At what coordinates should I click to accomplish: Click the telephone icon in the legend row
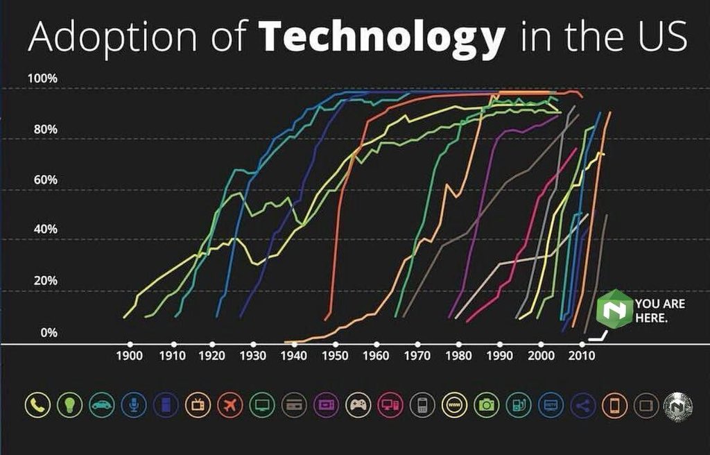tap(37, 404)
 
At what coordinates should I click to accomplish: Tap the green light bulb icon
tap(70, 404)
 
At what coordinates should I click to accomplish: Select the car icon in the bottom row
tap(102, 404)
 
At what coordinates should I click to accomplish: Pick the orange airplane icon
tap(230, 404)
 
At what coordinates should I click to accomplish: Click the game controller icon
tap(358, 404)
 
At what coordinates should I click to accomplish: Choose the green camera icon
tap(486, 404)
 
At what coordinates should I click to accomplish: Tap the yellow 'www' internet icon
tap(454, 404)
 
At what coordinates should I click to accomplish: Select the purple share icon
tap(582, 404)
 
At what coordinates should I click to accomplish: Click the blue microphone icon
tap(134, 404)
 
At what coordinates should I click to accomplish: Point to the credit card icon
tap(294, 404)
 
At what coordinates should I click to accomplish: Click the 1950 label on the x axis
tap(335, 356)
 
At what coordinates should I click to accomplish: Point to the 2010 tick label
tap(582, 356)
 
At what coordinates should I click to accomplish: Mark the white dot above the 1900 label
tap(130, 345)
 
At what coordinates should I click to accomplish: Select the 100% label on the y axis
tap(42, 78)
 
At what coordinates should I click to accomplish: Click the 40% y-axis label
tap(45, 230)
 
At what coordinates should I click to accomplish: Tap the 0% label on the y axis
tap(49, 333)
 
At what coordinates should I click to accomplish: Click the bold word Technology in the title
tap(382, 36)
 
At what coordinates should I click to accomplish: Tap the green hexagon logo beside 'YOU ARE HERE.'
tap(614, 309)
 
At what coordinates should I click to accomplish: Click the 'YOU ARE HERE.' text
tap(660, 311)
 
